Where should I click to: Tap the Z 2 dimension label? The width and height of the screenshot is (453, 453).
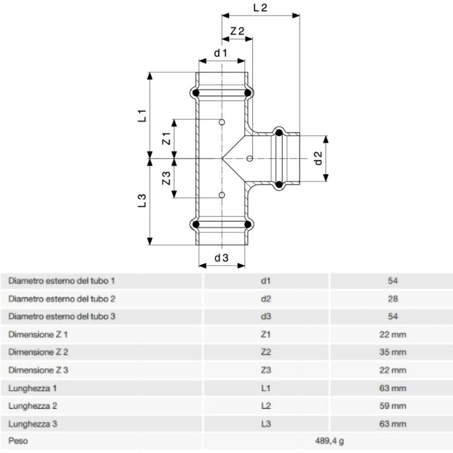237,31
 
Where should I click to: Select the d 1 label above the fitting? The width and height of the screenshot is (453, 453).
221,53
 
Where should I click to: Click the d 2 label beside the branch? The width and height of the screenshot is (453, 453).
318,158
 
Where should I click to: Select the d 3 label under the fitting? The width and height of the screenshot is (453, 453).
222,258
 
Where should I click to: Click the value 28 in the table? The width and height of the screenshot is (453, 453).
393,299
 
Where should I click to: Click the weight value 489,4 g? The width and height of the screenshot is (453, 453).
329,441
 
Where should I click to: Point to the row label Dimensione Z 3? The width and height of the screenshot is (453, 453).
38,370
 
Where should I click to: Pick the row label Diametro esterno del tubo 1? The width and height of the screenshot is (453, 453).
62,281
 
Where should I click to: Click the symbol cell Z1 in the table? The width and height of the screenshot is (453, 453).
266,335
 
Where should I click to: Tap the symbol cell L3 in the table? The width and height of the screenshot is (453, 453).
266,424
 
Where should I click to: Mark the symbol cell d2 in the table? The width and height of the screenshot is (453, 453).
266,299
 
